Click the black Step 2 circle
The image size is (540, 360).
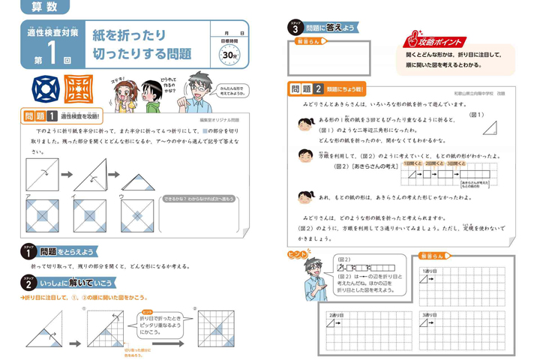28,282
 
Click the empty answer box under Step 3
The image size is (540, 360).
328,57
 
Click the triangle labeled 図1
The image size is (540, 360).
491,127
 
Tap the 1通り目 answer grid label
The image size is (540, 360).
430,271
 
